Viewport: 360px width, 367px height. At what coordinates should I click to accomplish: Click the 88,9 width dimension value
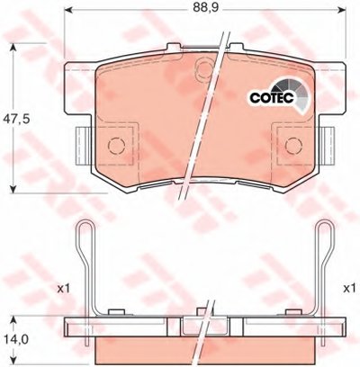coord(205,7)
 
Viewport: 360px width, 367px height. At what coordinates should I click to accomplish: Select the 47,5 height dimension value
coord(16,120)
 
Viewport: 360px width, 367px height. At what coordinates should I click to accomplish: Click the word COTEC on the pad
coord(273,98)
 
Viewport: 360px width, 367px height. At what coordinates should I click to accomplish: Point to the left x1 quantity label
coord(63,289)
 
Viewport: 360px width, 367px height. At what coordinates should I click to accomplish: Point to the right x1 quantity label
coord(349,289)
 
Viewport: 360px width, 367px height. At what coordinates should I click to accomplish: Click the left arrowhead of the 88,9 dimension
coord(69,10)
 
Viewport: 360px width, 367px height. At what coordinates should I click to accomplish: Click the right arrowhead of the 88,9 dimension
coord(342,10)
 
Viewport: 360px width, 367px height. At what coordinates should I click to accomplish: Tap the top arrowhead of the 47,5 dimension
coord(13,48)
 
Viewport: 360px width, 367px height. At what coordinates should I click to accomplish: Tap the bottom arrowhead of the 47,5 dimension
coord(13,189)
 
